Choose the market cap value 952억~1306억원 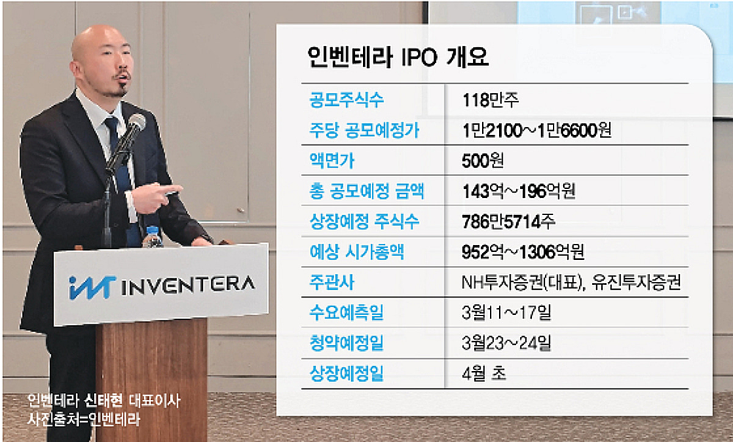coord(525,253)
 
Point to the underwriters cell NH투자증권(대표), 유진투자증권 coord(571,284)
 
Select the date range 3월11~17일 coord(507,314)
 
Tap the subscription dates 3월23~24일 coord(507,345)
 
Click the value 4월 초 coord(485,374)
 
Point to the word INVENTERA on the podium coord(188,285)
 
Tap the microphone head coord(135,125)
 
